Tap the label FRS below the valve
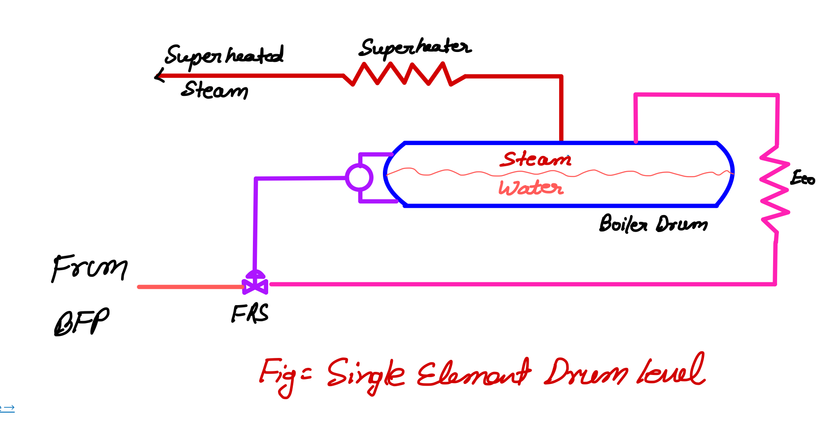click(x=250, y=313)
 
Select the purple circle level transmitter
click(x=359, y=177)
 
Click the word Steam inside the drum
click(x=536, y=159)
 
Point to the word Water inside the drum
click(x=531, y=188)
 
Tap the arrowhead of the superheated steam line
click(x=158, y=76)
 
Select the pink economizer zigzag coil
click(x=774, y=188)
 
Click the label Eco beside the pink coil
click(x=802, y=178)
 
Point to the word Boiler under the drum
click(x=623, y=224)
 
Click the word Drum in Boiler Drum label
click(x=682, y=224)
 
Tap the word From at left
click(x=90, y=268)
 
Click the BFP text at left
click(x=81, y=322)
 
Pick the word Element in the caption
click(x=473, y=373)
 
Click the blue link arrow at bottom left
click(x=8, y=408)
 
